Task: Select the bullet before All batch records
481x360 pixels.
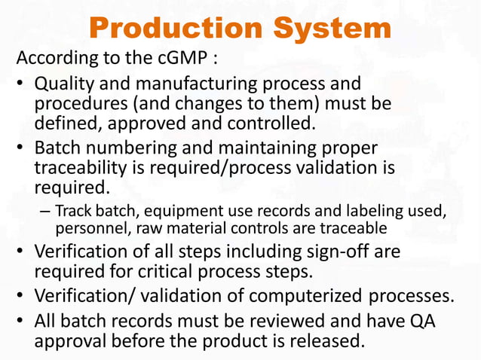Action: [23, 322]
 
